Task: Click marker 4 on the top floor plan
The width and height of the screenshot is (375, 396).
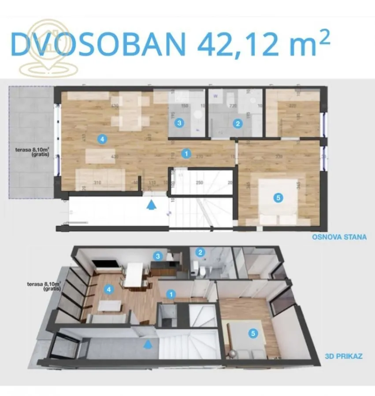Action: coord(102,139)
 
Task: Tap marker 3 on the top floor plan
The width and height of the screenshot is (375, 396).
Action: coord(179,123)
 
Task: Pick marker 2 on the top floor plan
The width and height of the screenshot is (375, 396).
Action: coord(238,124)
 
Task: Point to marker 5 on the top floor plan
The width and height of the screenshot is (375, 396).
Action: coord(278,198)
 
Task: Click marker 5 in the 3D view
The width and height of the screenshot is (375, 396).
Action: coord(252,334)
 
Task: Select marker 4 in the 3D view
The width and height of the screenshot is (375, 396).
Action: coord(108,290)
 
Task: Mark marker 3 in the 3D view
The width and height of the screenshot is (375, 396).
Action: coord(157,255)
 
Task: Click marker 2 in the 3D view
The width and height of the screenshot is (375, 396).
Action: coord(200,252)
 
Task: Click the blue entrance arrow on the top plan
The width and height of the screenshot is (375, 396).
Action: coord(151,205)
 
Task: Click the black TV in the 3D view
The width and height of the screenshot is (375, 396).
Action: coord(107,265)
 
